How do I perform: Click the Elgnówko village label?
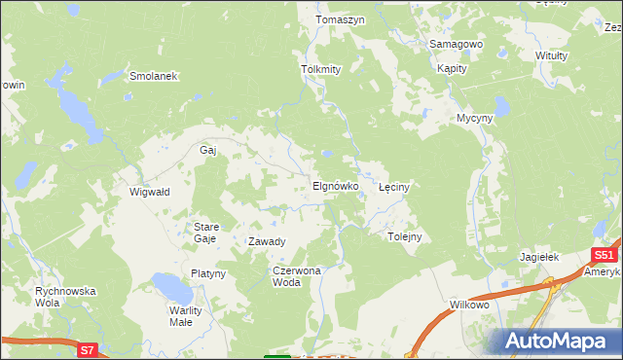coord(336,185)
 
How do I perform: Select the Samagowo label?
coord(457,45)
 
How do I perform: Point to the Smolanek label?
coord(152,75)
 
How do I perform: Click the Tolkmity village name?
coord(321,69)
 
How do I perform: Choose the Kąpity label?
coord(453,69)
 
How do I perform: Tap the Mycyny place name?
coord(477,119)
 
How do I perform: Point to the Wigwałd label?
coord(150,192)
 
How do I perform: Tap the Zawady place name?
coord(267,241)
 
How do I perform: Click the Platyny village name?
coord(208,273)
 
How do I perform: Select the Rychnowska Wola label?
coord(65,296)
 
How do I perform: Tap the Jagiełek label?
coord(538,257)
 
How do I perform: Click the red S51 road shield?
coord(604,255)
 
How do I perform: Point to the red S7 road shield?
coord(88,348)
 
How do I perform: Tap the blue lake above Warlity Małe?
coord(171,288)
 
